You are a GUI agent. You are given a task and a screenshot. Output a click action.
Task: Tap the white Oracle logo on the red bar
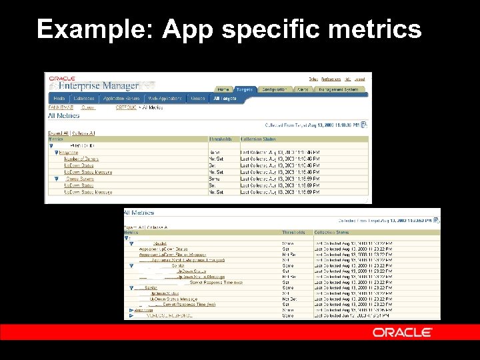point(403,332)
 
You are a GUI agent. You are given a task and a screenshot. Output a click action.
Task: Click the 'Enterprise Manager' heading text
point(99,85)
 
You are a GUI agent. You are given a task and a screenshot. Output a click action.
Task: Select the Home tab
point(223,89)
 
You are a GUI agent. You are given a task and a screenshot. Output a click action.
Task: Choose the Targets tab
point(245,89)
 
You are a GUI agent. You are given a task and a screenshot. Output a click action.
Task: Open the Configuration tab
point(274,89)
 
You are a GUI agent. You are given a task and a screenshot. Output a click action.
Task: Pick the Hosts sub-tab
point(59,99)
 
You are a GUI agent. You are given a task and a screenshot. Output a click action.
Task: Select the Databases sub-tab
point(84,99)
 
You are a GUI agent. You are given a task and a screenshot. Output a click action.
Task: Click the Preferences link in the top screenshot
point(331,79)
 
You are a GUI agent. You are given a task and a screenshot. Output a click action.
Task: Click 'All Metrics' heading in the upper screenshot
point(63,116)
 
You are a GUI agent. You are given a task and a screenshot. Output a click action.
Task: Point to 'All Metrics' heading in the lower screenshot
point(139,213)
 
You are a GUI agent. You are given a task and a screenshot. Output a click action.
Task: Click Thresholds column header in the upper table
point(219,139)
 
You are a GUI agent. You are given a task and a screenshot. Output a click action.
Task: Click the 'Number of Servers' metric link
point(81,159)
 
